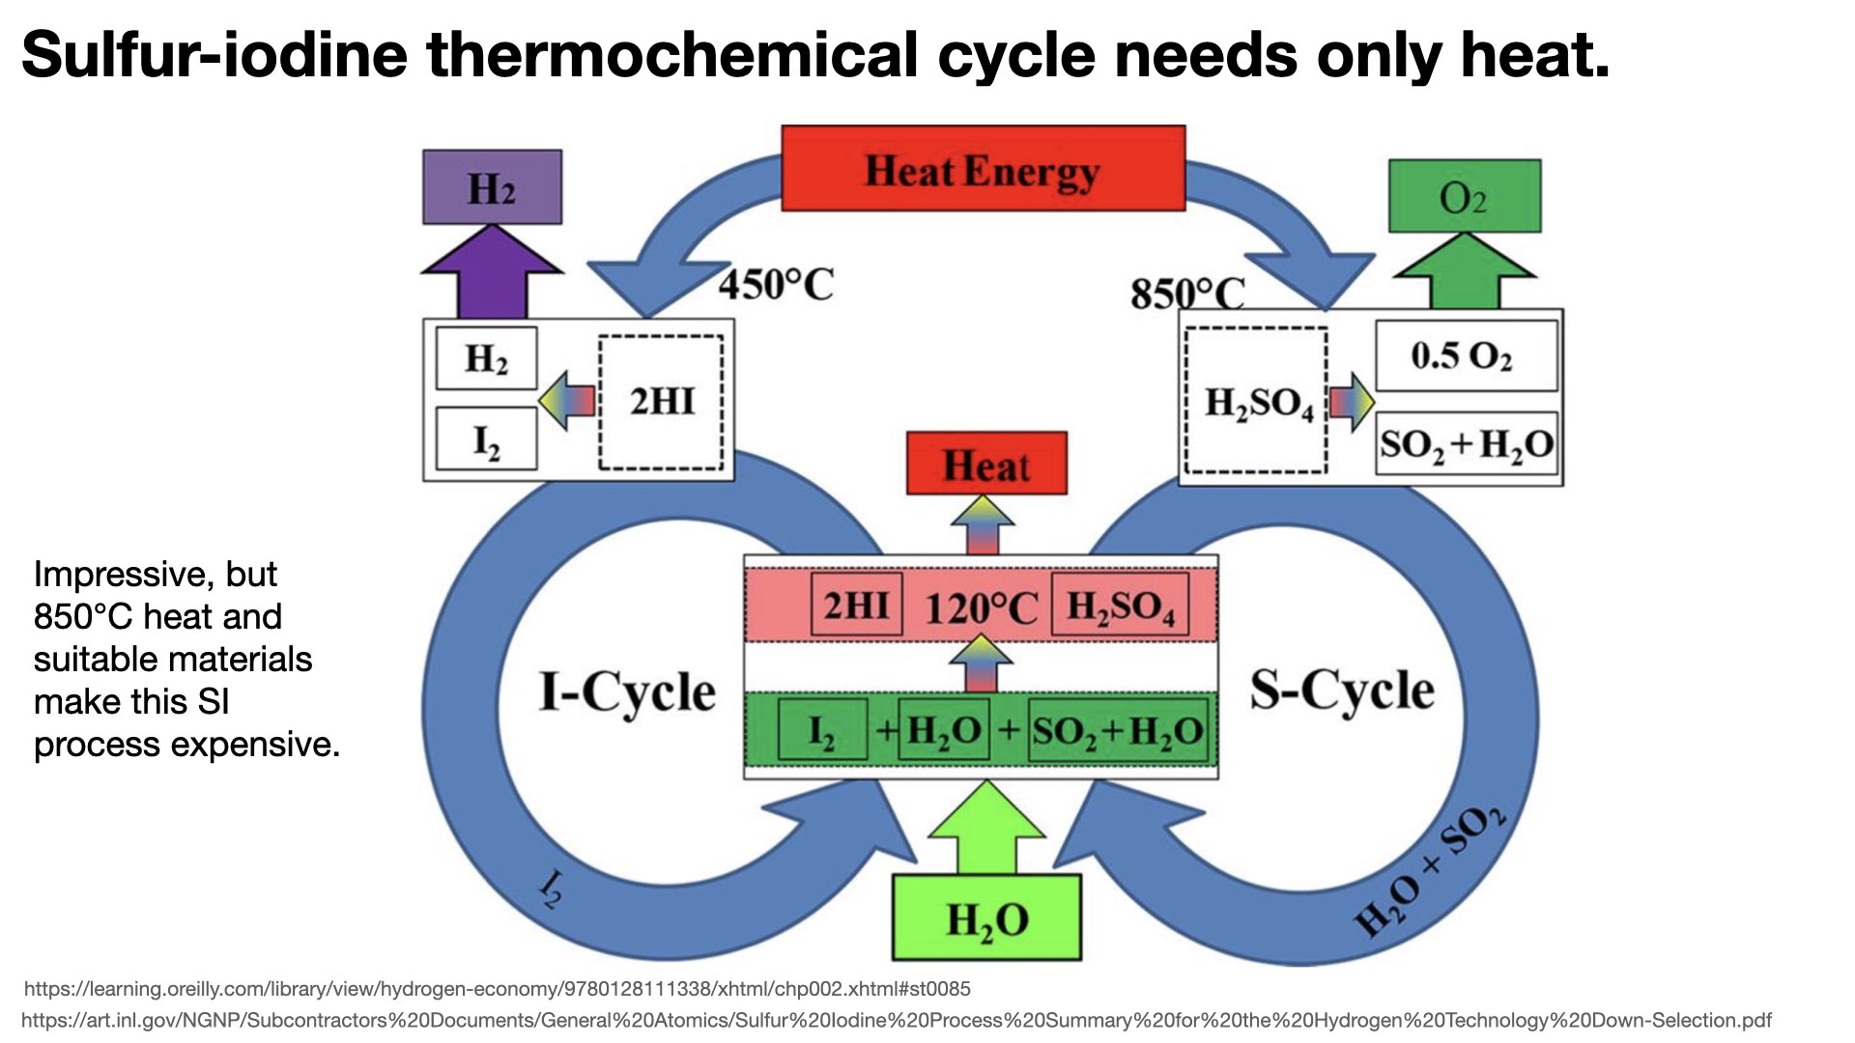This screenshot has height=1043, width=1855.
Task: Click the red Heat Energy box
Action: coord(983,169)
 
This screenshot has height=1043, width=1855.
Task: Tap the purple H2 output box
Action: coord(492,187)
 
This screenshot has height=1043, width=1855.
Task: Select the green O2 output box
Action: coord(1464,197)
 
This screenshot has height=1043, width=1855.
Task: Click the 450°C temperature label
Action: coord(776,284)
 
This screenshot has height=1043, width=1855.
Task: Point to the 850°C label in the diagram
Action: coord(1187,293)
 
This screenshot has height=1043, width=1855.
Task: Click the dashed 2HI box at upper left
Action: coord(662,402)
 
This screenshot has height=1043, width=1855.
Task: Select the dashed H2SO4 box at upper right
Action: coord(1256,402)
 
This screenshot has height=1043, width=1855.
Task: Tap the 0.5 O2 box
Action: coord(1465,356)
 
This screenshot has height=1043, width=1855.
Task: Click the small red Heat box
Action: coord(986,465)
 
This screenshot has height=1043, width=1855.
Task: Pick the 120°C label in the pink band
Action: coord(981,607)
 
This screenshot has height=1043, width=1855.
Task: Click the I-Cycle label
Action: coord(627,691)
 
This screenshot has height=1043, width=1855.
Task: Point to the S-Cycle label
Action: coord(1341,690)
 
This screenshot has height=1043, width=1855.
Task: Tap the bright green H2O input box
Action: coord(986,918)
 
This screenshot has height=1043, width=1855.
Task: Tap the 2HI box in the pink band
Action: coord(856,606)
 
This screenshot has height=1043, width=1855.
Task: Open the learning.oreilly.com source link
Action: coord(497,989)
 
